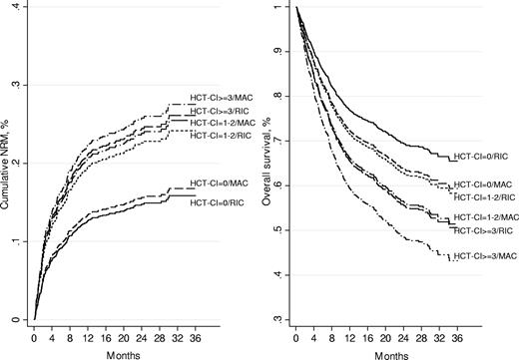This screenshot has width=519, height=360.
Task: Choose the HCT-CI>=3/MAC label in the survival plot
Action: coord(483,257)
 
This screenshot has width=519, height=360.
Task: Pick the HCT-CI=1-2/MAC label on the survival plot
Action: coord(485,216)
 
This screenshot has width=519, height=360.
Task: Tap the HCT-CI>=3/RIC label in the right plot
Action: coord(483,230)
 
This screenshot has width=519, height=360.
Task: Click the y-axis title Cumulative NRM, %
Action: coord(8,164)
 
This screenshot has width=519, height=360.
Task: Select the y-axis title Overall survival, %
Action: coord(269,164)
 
